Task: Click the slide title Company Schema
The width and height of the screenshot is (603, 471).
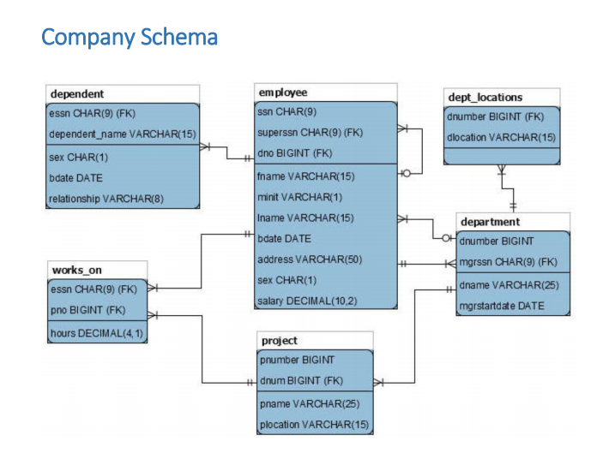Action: click(129, 39)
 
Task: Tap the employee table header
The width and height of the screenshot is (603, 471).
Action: click(282, 92)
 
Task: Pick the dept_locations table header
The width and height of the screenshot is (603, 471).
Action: click(485, 97)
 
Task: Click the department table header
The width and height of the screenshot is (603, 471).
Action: click(490, 222)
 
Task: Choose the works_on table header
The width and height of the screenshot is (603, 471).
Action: click(77, 270)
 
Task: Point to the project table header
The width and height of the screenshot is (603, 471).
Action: click(280, 340)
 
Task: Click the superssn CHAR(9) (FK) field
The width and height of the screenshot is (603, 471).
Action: click(310, 133)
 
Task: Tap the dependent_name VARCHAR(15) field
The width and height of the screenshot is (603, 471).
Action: click(122, 134)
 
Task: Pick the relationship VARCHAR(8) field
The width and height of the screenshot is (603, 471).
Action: click(106, 199)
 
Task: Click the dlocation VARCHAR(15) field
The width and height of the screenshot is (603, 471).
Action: click(501, 137)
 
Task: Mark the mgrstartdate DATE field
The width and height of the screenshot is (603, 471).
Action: click(502, 305)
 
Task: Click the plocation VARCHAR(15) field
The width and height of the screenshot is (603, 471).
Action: click(313, 424)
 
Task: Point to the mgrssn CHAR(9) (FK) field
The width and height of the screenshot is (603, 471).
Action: click(509, 262)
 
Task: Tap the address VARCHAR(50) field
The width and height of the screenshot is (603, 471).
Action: click(309, 259)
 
